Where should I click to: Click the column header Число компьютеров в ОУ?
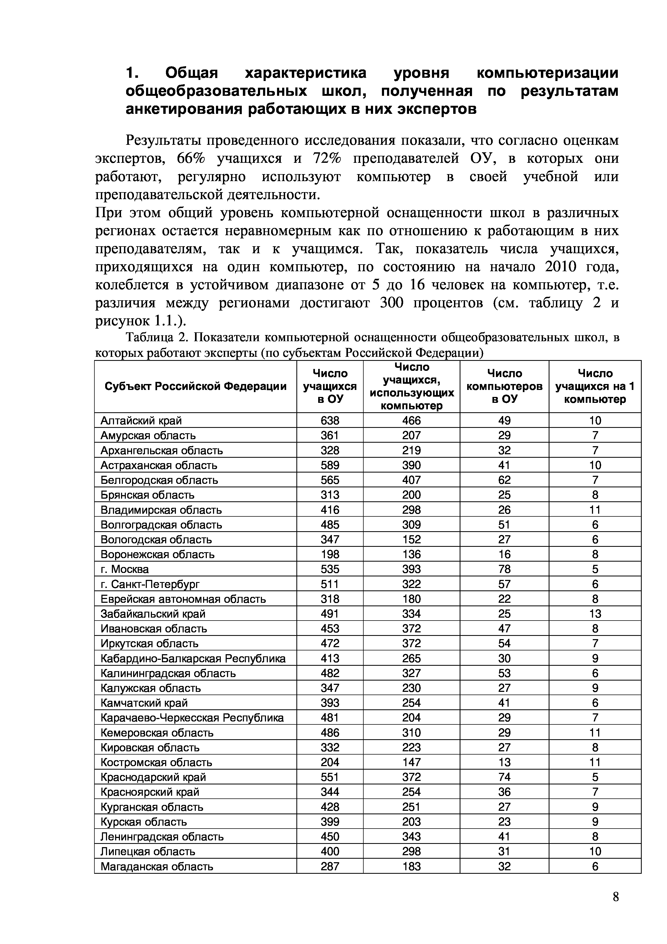point(504,386)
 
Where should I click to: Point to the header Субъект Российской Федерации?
point(196,386)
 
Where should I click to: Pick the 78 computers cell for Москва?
point(504,569)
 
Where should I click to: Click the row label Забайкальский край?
point(153,614)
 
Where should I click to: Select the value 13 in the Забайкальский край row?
point(595,614)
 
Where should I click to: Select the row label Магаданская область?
point(157,867)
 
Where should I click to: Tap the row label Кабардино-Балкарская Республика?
point(193,659)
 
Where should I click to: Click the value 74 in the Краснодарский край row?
point(504,777)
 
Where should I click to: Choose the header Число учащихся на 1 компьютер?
point(595,386)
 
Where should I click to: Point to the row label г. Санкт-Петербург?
point(150,584)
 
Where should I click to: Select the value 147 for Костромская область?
point(411,762)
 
